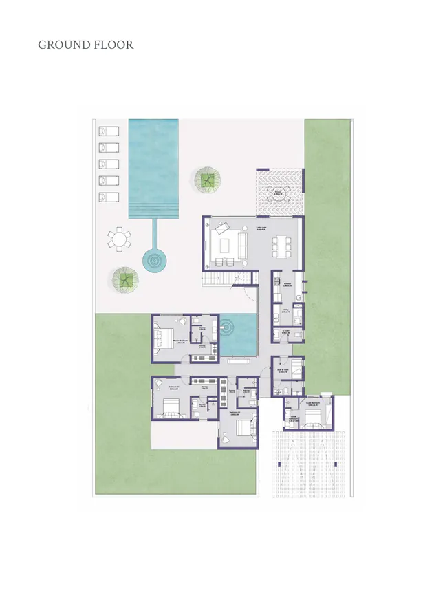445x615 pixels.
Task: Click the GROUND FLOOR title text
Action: click(x=85, y=45)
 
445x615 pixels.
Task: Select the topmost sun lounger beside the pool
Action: click(x=109, y=130)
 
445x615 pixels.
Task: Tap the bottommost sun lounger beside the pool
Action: click(x=109, y=197)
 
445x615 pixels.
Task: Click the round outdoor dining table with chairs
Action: click(x=119, y=239)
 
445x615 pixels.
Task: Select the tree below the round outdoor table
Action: click(x=125, y=279)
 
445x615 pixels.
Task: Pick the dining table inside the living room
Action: click(x=280, y=244)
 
